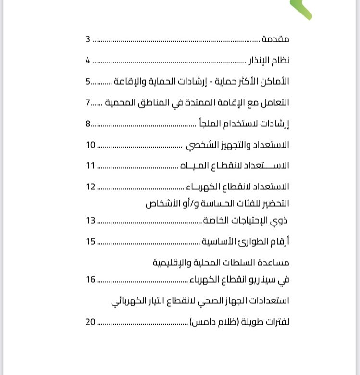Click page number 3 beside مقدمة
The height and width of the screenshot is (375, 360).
88,39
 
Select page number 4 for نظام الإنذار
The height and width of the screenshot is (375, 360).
88,61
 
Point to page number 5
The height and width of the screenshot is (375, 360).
88,81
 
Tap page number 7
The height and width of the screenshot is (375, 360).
88,102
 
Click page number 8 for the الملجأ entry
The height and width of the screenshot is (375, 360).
88,124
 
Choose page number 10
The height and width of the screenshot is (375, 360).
91,145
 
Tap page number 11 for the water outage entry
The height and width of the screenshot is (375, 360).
91,166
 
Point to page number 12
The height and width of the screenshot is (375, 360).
91,187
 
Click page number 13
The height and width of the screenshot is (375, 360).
91,221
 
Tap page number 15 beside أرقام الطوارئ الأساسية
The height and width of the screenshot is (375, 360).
91,241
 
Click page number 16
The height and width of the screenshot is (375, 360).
91,279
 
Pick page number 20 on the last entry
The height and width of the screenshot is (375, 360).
91,322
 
